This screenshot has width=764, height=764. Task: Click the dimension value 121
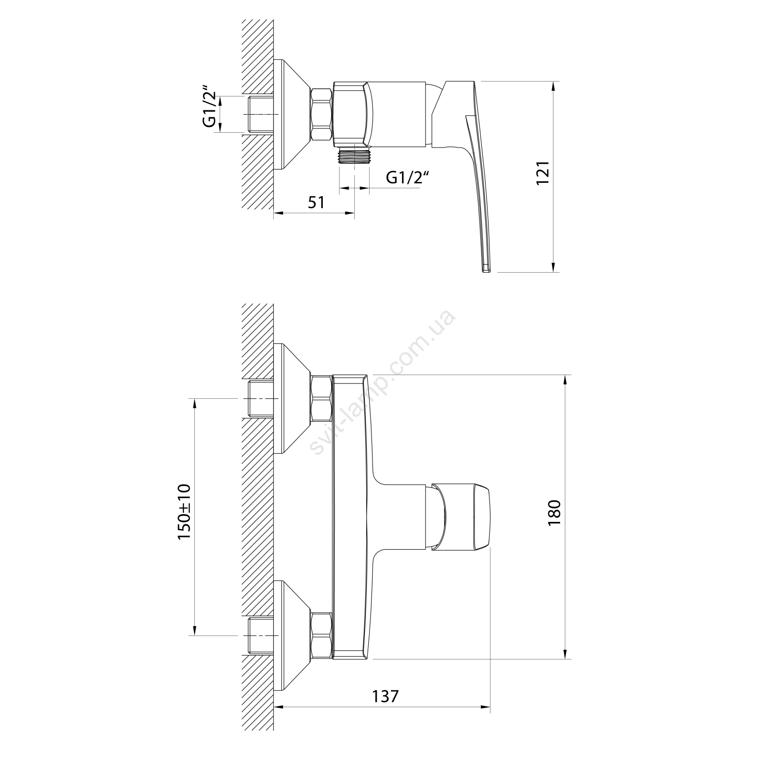[543, 173]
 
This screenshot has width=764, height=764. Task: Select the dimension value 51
[316, 202]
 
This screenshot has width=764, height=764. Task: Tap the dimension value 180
[554, 513]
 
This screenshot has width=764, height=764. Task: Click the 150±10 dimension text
[184, 512]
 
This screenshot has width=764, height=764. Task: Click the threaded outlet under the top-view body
[354, 155]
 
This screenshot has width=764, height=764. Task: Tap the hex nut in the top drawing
[321, 114]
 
